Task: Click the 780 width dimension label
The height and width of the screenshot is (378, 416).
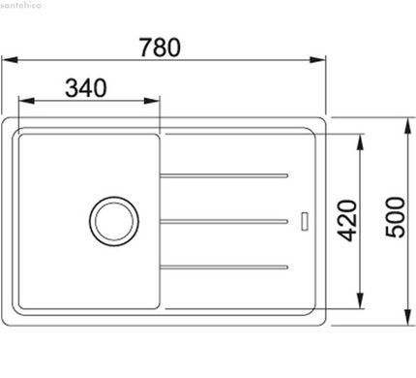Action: pos(160,47)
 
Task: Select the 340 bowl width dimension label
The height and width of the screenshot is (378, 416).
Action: pos(85,88)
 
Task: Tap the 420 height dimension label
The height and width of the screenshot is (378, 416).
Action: pos(347,221)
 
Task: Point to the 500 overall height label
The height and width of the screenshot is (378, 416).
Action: pos(395,217)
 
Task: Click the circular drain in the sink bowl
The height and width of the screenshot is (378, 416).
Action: pos(114,221)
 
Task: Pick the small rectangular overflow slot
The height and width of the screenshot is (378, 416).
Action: pos(304,221)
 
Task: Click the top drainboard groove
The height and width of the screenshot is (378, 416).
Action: pos(223,175)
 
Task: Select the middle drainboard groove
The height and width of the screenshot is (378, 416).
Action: pos(223,221)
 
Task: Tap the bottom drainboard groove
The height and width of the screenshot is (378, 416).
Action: pos(223,268)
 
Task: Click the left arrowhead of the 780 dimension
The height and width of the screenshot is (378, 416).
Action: pos(9,60)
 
